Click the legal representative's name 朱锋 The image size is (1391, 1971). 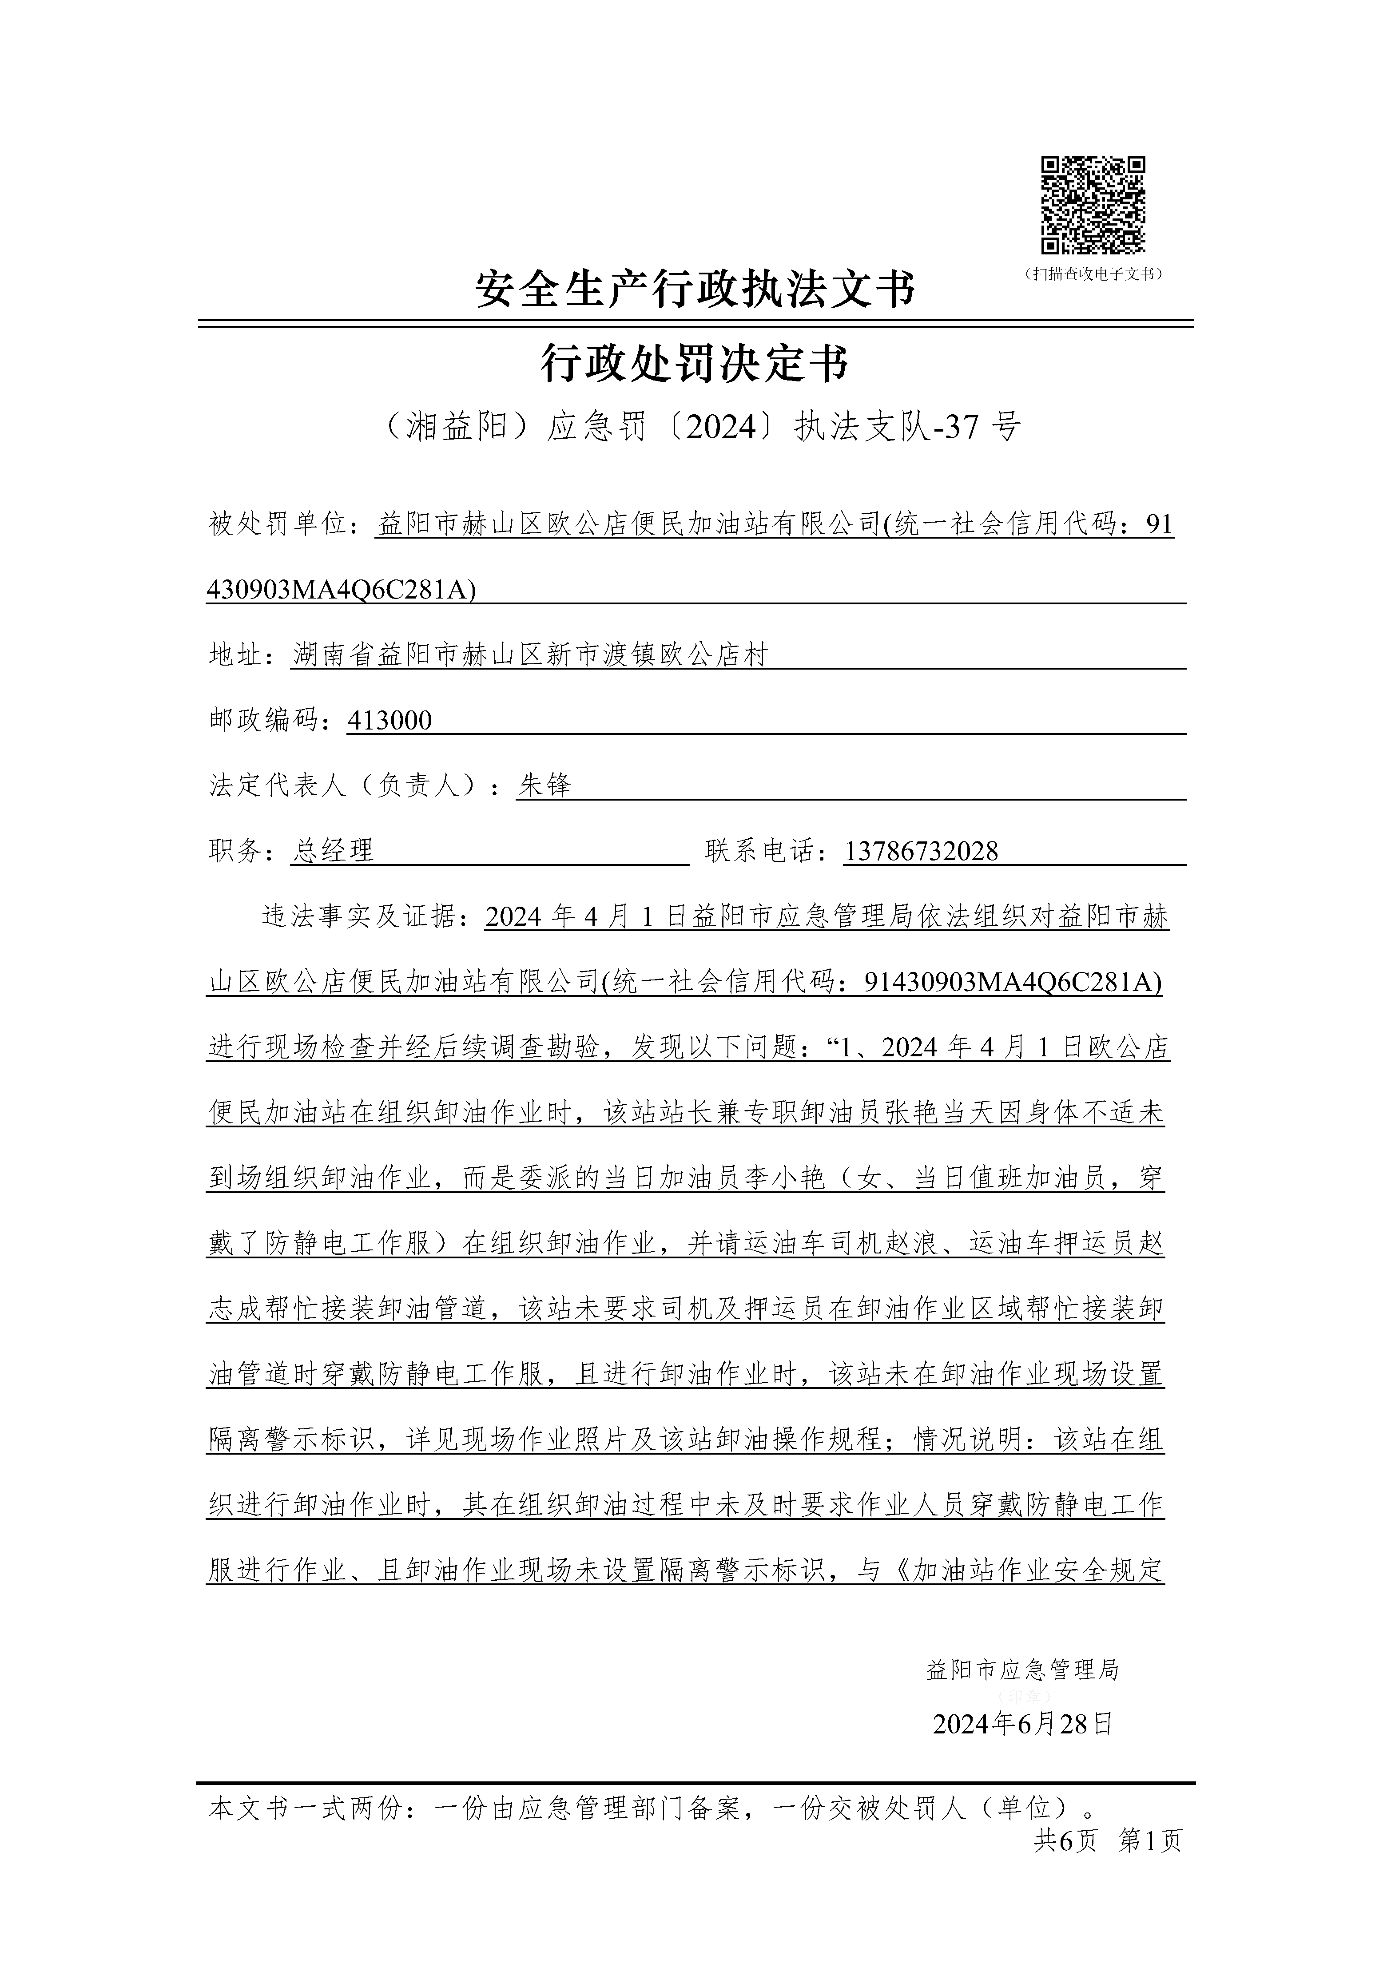tap(544, 785)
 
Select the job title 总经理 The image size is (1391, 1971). tap(333, 851)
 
